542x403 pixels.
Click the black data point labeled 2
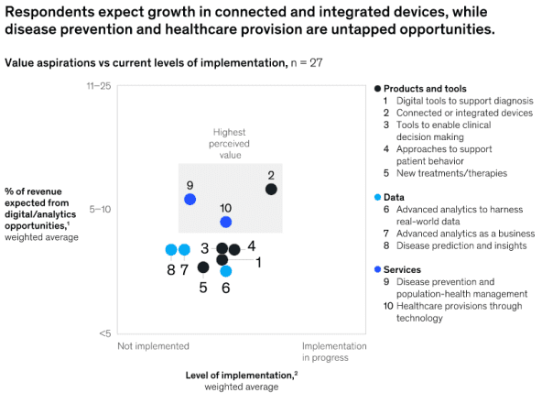[x=271, y=190]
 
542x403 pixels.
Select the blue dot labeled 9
[x=190, y=199]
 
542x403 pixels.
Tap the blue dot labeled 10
[x=226, y=222]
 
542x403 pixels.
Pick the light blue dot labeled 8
[x=171, y=250]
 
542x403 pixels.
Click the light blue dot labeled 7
[x=184, y=250]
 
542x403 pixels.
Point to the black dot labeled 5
[x=203, y=267]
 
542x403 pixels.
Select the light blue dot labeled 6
[x=226, y=271]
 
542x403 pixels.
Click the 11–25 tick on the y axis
[x=98, y=85]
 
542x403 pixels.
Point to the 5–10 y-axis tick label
[x=99, y=209]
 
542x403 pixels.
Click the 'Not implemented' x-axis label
[x=153, y=346]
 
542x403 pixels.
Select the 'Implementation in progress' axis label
[x=334, y=352]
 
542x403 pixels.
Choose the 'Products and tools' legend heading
[x=425, y=87]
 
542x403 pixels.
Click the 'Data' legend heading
[x=395, y=197]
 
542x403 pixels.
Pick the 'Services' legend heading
[x=402, y=269]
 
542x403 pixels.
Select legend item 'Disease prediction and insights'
[x=461, y=245]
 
